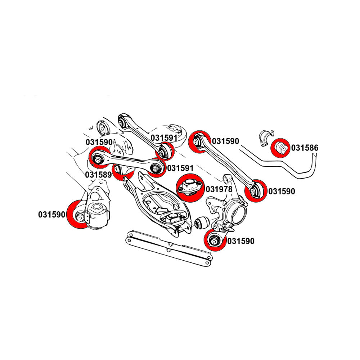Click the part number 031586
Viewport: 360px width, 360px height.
pos(305,148)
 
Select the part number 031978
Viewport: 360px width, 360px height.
pos(219,189)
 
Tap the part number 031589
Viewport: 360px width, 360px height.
pos(98,175)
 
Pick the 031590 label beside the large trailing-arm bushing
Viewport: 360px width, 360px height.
pos(52,215)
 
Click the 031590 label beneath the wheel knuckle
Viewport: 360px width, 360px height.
pos(241,241)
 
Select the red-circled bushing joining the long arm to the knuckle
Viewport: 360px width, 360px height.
pos(255,190)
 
